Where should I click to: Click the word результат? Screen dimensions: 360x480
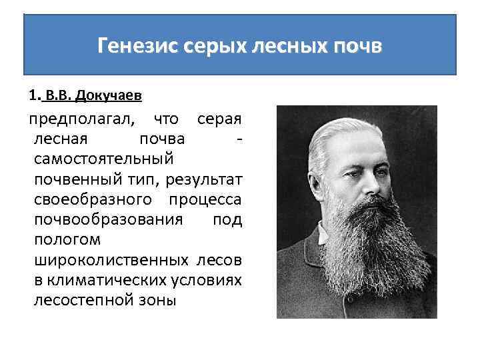209,180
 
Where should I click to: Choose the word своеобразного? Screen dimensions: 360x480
93,200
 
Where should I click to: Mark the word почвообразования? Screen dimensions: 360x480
107,220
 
